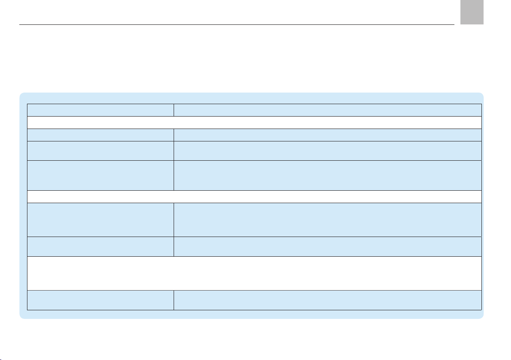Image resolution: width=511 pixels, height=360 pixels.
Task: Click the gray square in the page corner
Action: tap(472, 12)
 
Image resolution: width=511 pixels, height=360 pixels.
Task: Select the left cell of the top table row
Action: tap(100, 110)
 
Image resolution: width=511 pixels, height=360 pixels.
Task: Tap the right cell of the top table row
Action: tap(328, 110)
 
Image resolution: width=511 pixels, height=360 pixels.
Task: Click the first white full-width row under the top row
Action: tap(254, 123)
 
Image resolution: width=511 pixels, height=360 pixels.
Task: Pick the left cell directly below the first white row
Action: tap(100, 135)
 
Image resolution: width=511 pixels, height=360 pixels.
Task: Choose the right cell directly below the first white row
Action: tap(328, 135)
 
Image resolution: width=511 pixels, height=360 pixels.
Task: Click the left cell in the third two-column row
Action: tap(100, 151)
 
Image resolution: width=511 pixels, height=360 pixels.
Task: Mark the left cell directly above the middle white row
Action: tap(100, 175)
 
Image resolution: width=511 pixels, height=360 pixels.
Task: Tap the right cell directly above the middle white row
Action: tap(328, 175)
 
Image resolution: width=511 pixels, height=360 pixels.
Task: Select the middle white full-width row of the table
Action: tap(254, 196)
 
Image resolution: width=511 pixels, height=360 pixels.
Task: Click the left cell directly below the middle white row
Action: tap(100, 219)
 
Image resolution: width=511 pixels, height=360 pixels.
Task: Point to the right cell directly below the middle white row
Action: tap(328, 219)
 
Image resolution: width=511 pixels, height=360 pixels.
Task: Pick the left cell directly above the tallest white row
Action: tap(100, 246)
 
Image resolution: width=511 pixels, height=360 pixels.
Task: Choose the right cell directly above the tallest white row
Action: tap(328, 246)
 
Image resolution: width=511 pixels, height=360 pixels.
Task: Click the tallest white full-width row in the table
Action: tap(254, 273)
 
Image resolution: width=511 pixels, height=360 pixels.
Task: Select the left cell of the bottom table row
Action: tap(100, 300)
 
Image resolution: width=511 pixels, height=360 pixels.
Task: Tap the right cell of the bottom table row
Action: tap(328, 300)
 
